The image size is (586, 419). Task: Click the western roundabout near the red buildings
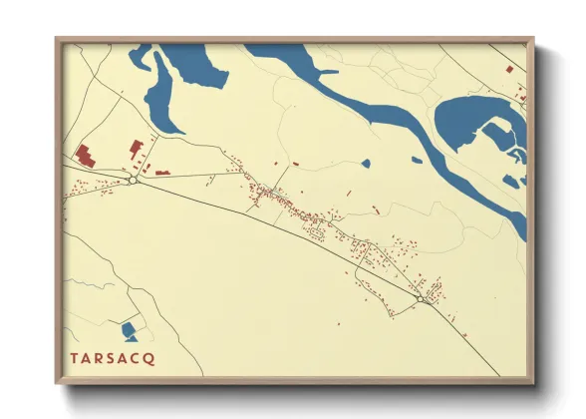(133, 181)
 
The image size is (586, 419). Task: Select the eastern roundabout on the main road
(422, 297)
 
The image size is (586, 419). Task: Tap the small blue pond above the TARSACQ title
(128, 329)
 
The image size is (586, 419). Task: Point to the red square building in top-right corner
(510, 71)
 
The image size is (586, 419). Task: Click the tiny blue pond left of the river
(366, 163)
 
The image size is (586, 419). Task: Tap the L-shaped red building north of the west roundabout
(136, 149)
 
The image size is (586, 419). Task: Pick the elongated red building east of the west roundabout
(161, 173)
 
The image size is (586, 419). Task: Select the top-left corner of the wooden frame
(58, 41)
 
